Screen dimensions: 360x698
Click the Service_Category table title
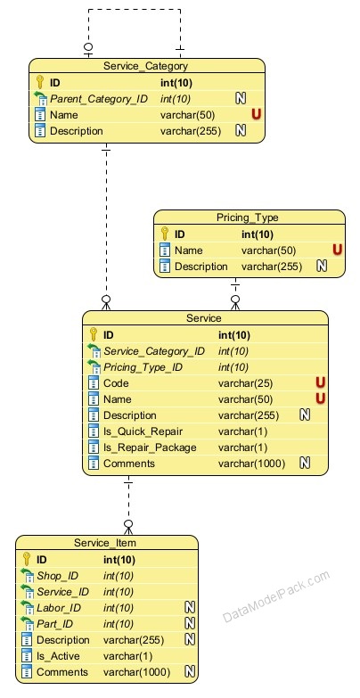click(x=145, y=66)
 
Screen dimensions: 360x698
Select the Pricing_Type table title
click(x=248, y=218)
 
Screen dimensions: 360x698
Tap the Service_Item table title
click(x=105, y=543)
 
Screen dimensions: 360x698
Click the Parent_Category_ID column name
click(x=99, y=99)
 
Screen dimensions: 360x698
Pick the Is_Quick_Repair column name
click(x=143, y=431)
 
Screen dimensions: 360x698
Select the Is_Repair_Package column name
click(x=150, y=448)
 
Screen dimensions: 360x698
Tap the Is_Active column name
click(x=58, y=656)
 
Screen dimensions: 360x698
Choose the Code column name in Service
click(x=116, y=383)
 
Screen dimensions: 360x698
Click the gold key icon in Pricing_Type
click(x=165, y=234)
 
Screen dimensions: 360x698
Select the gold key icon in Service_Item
click(x=27, y=559)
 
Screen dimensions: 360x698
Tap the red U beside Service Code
click(x=321, y=382)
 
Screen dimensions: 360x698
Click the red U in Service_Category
click(x=256, y=114)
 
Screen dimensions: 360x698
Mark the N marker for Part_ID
click(x=190, y=624)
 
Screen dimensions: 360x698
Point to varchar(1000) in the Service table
click(x=251, y=464)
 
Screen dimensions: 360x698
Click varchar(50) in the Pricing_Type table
click(x=268, y=250)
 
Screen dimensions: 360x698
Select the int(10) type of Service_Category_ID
click(x=233, y=351)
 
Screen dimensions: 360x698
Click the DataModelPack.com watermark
click(x=276, y=596)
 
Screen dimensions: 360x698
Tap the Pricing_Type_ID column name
click(x=143, y=367)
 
